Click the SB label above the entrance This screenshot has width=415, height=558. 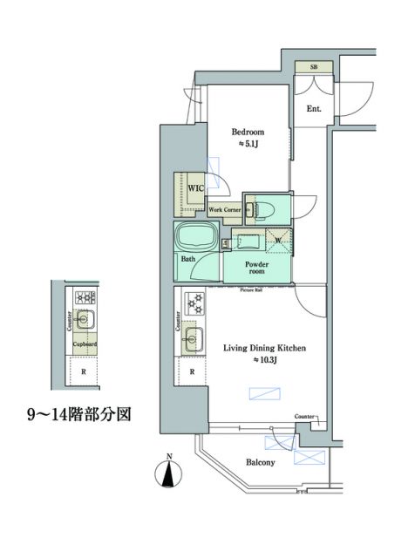tap(313, 67)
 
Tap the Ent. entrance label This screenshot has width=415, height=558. tap(314, 109)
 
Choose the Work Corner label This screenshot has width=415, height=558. tap(225, 210)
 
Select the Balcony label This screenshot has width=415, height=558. tap(259, 463)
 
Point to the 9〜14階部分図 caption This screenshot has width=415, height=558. tap(78, 412)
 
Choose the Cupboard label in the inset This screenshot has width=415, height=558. tap(85, 344)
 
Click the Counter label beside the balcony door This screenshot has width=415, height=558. tap(304, 417)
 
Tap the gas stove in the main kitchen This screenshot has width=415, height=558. tap(194, 304)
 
